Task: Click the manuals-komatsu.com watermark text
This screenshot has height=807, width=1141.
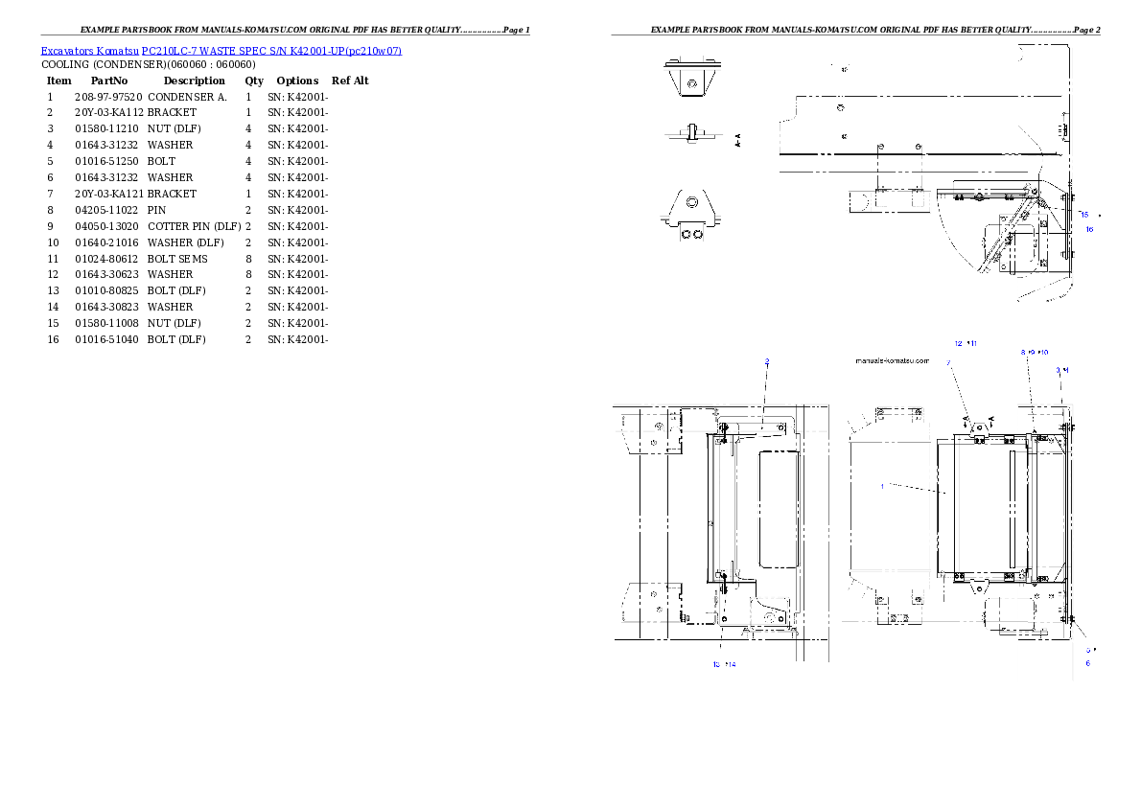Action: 892,361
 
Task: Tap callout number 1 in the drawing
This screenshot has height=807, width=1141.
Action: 882,486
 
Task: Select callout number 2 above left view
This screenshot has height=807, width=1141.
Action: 766,361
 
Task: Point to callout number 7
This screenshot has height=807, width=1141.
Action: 948,363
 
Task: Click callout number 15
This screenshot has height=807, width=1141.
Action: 1084,214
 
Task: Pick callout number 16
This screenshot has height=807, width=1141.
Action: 1089,229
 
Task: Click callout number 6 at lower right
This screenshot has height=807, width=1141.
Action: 1087,662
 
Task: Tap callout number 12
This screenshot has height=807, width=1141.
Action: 958,343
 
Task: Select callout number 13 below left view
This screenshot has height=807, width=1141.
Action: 716,664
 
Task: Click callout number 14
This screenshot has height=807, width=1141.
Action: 733,664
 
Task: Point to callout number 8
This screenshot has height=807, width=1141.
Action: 1023,353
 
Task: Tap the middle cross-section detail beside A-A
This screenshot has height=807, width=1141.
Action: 688,134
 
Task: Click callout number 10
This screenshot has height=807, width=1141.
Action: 1044,353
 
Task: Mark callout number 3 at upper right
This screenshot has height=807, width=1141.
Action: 1059,369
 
